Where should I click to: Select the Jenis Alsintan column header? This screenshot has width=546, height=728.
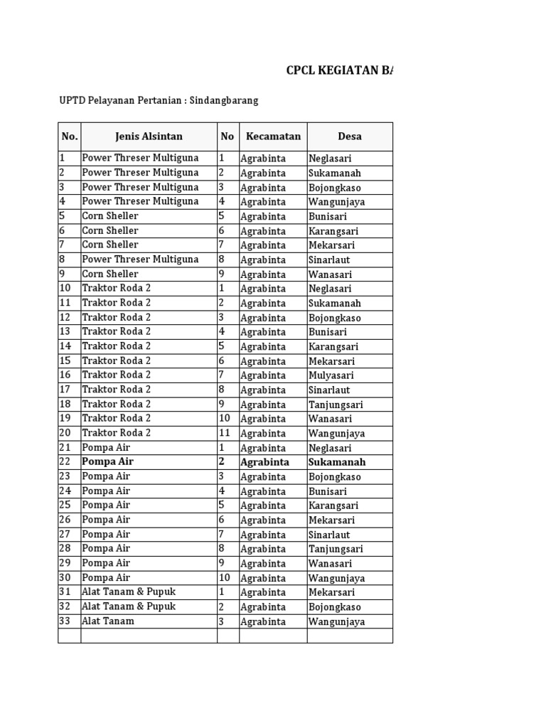149,136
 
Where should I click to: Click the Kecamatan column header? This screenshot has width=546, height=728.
273,136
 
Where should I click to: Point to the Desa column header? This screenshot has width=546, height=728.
350,136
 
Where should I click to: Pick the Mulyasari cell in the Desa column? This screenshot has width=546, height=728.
331,375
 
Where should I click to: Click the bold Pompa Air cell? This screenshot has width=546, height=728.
107,461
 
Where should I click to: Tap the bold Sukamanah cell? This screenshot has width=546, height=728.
338,462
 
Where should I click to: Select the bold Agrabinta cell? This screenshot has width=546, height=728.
264,462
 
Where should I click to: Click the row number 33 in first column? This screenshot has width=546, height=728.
66,621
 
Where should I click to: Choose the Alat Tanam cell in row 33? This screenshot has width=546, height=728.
108,621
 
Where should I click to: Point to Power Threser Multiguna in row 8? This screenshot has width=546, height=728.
140,259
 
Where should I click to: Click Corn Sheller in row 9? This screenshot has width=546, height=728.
110,274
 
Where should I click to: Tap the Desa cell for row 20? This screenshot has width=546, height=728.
336,433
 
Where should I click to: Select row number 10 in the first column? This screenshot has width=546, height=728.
66,288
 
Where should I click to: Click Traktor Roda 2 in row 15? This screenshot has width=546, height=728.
117,360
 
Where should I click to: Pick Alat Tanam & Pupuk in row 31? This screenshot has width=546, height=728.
129,591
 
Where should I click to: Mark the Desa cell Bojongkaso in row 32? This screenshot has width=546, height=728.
335,607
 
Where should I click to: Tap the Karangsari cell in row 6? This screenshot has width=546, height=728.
333,231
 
